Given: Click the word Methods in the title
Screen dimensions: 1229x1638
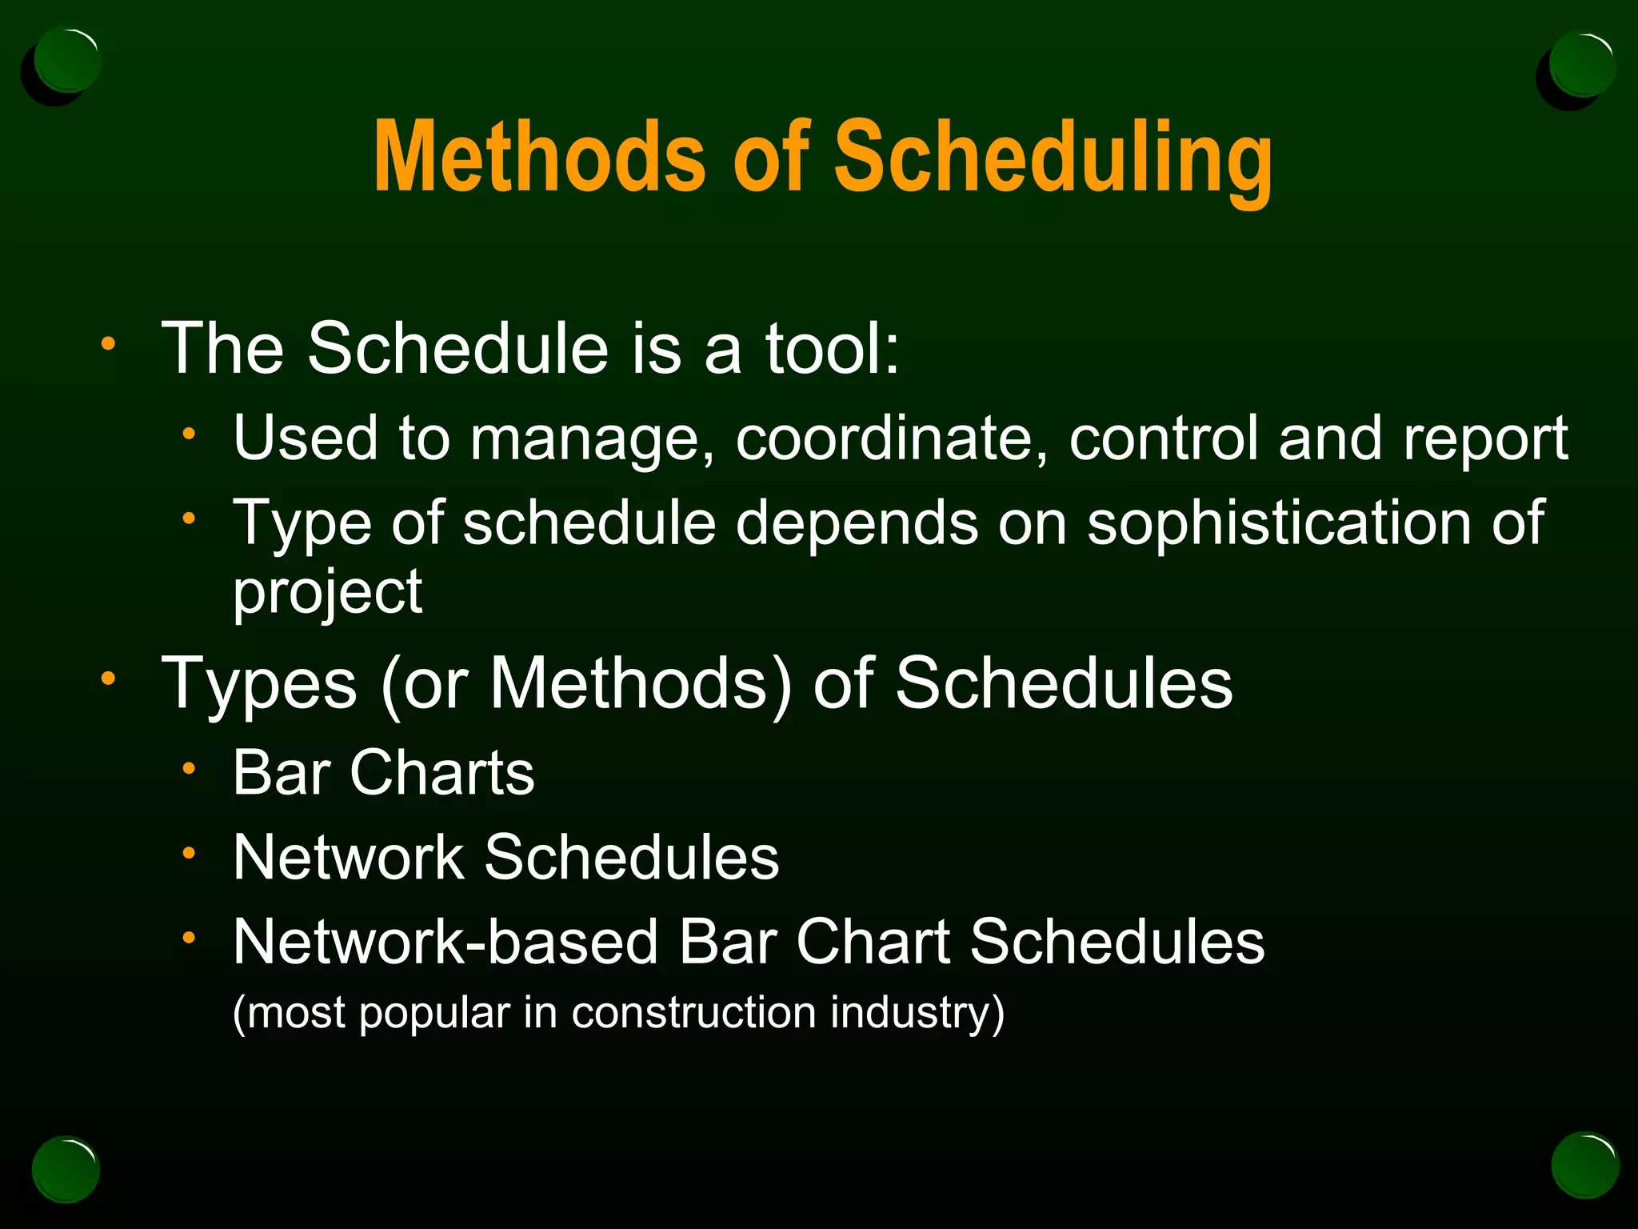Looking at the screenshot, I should (540, 156).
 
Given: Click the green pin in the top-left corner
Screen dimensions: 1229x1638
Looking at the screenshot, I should (67, 62).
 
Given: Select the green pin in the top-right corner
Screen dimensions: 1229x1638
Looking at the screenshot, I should (1580, 64).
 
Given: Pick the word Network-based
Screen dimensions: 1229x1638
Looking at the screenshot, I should (445, 942).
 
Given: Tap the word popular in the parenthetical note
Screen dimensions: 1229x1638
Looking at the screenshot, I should (433, 1014).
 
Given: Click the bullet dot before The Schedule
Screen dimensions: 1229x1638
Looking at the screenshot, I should (109, 345).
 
